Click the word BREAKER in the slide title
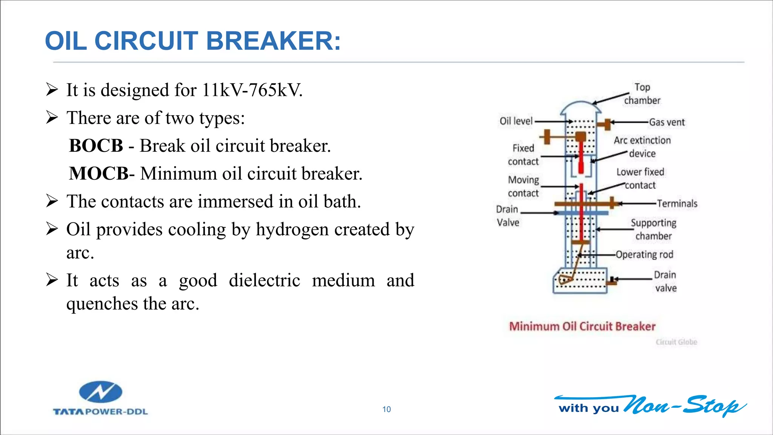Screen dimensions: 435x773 coord(273,41)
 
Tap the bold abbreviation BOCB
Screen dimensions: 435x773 coord(96,146)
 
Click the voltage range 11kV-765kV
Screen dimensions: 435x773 coord(252,90)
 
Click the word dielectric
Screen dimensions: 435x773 coord(264,281)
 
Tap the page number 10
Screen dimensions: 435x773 coord(386,409)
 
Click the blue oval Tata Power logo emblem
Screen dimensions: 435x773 coord(100,392)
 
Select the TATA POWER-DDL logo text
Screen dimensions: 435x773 coord(100,412)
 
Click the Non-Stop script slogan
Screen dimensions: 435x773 coord(685,406)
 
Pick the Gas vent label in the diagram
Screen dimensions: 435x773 coord(667,122)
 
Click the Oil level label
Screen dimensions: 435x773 coord(516,121)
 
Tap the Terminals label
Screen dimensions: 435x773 coord(677,204)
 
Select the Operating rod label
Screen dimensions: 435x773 coord(644,255)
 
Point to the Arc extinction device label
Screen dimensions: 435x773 coord(642,147)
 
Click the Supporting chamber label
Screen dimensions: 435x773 coord(653,230)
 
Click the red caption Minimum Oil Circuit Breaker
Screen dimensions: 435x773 coord(582,327)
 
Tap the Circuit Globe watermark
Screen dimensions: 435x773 coord(676,342)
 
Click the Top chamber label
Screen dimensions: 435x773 coord(642,94)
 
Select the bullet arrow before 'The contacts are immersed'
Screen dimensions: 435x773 coord(52,201)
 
